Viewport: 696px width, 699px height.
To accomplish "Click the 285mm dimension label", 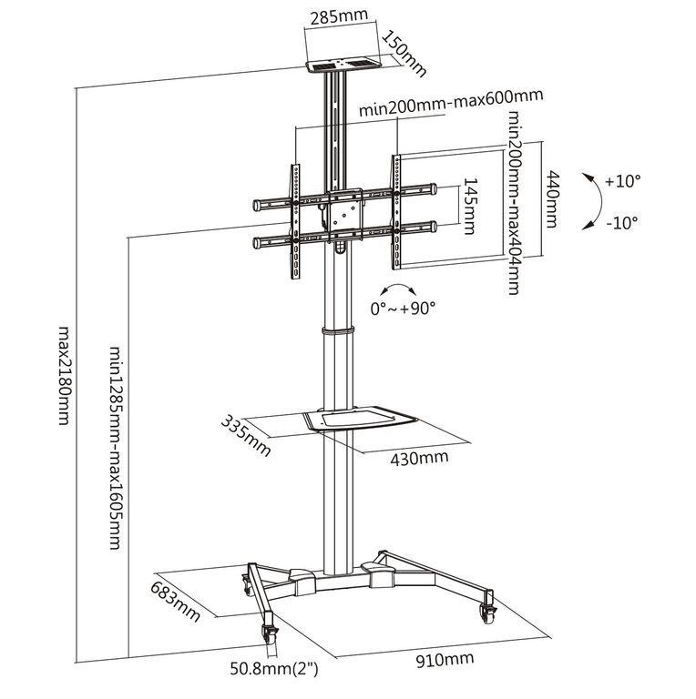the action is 339,17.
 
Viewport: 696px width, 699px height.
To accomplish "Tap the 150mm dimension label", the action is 404,53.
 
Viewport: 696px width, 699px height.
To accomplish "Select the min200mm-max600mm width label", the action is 451,103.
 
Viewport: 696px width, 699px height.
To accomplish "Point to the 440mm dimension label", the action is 552,198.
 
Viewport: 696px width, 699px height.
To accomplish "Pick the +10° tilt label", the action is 623,181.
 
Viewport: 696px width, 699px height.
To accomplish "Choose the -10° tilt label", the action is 622,222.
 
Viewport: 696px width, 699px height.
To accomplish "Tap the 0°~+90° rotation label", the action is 403,308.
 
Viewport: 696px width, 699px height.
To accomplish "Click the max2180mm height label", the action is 66,376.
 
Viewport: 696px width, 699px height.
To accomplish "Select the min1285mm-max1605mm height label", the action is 116,447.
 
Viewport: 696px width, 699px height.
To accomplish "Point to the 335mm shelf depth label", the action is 246,436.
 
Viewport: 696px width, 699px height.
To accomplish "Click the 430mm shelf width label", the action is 419,458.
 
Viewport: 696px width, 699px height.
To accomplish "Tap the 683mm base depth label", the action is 175,602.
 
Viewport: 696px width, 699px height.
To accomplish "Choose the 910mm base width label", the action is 445,659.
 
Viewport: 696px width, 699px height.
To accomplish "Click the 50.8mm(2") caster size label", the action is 274,669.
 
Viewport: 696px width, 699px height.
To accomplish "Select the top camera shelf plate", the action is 343,66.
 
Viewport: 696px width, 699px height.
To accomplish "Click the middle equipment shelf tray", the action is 360,419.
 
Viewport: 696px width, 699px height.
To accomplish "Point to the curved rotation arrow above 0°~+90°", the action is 398,288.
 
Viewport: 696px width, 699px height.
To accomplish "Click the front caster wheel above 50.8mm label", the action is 269,633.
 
